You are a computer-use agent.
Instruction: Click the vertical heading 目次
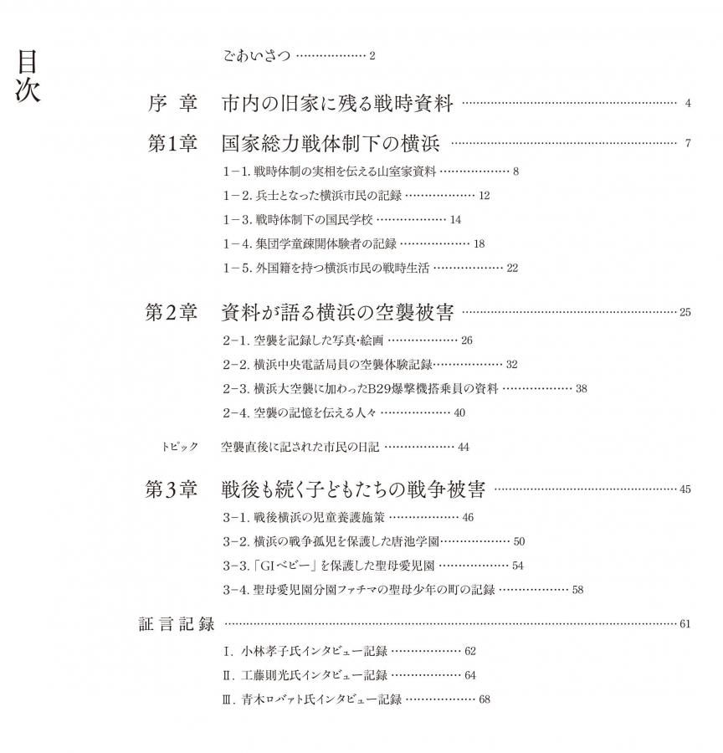(28, 76)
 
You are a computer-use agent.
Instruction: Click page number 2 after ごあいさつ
(372, 56)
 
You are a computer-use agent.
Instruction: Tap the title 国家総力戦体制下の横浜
(331, 143)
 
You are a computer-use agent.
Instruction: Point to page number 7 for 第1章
(687, 143)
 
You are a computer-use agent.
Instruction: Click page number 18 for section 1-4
(479, 243)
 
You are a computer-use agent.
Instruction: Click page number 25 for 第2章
(685, 313)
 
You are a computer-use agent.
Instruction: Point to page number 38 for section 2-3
(582, 388)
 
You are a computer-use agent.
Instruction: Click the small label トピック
(180, 447)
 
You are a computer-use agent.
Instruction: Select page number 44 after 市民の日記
(464, 448)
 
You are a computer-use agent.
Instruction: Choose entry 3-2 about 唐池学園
(331, 541)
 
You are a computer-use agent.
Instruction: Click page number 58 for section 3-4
(577, 590)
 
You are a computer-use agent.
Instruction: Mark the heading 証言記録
(177, 624)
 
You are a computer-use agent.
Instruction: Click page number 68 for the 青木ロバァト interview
(485, 699)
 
